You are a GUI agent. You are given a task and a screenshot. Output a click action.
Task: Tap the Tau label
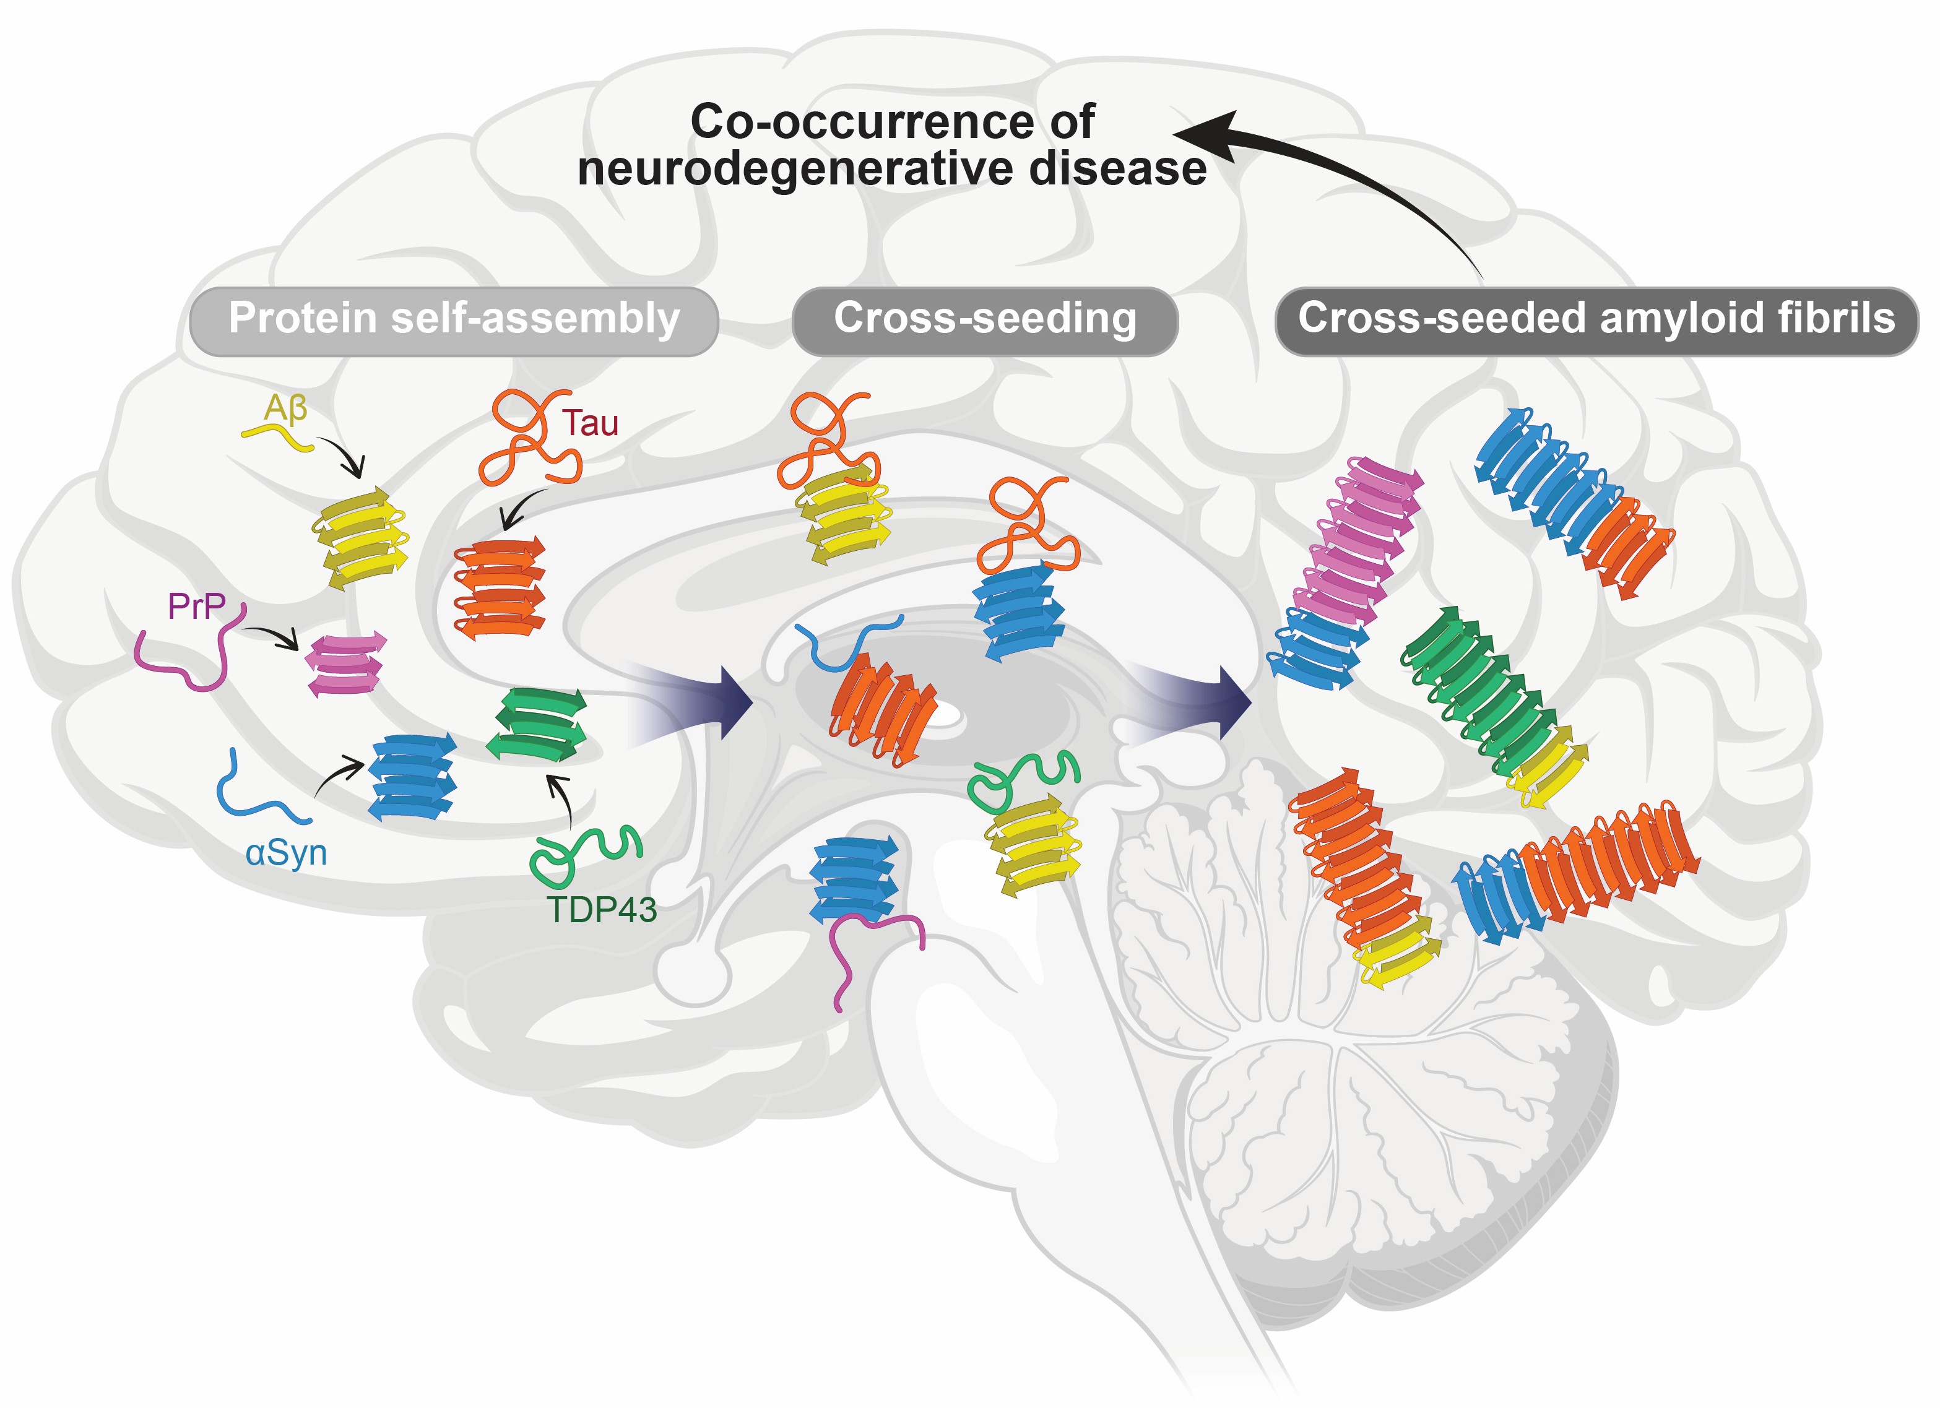click(589, 423)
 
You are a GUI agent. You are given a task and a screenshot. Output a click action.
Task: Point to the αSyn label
click(286, 853)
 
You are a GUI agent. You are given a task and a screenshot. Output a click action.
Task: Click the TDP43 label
click(601, 909)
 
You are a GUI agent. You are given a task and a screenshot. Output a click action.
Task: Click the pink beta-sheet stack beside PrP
click(345, 664)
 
